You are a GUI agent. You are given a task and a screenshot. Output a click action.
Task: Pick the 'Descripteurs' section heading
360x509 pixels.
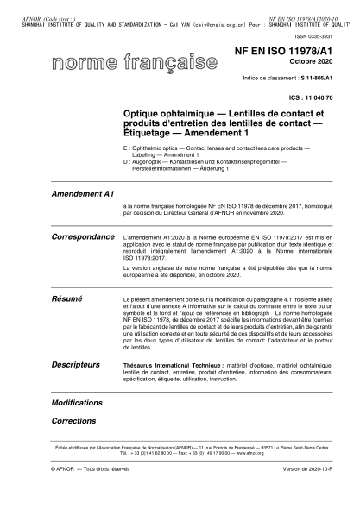pos(77,365)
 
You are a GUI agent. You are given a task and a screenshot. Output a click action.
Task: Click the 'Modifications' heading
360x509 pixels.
pos(77,403)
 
